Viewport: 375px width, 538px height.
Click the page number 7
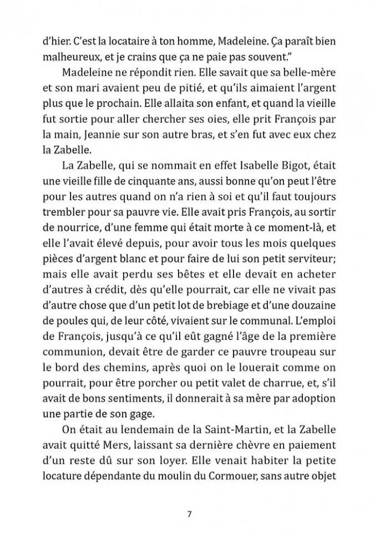(x=189, y=513)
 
